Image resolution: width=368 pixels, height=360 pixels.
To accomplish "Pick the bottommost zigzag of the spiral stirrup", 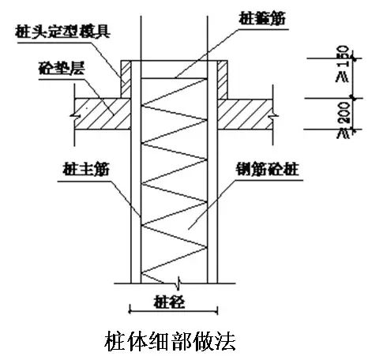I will [x=169, y=268].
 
